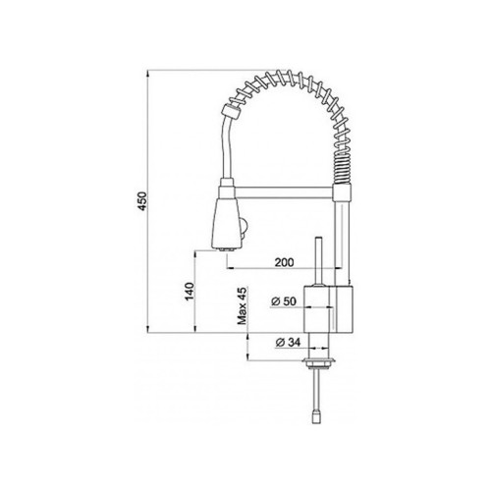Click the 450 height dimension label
(x=143, y=201)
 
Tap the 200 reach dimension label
(x=284, y=262)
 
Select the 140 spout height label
(x=190, y=292)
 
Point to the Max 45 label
(x=243, y=305)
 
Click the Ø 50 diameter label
(x=284, y=300)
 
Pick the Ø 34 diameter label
(x=288, y=343)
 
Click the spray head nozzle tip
(x=227, y=249)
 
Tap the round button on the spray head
(x=245, y=228)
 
